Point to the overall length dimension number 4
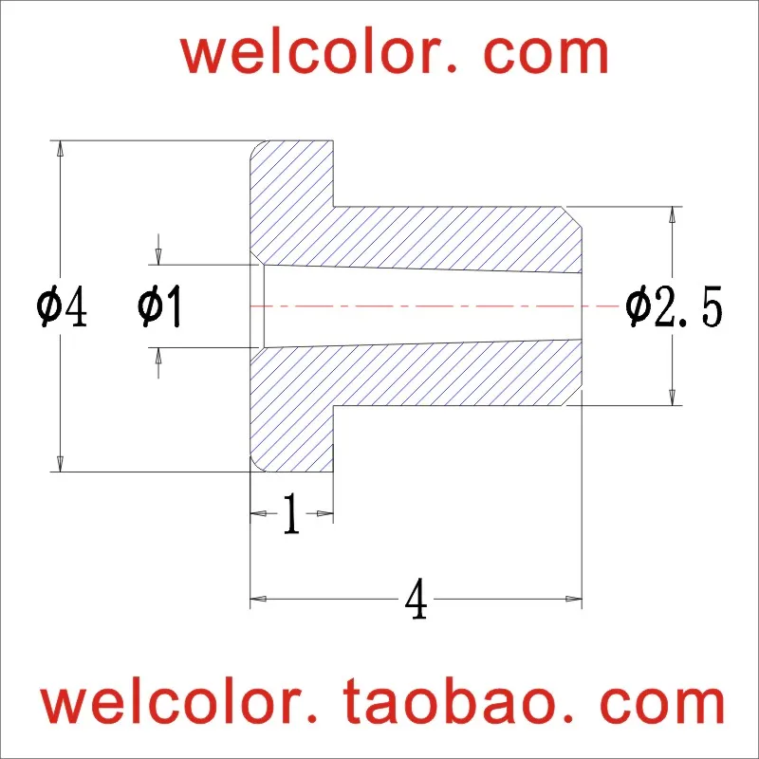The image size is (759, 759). [415, 601]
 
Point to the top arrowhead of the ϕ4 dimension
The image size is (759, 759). [60, 149]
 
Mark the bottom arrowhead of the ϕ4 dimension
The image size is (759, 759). [60, 464]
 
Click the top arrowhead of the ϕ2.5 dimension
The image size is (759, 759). [673, 214]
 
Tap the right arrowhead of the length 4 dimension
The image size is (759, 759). [573, 599]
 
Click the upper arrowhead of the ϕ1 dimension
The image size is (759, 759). [159, 256]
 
